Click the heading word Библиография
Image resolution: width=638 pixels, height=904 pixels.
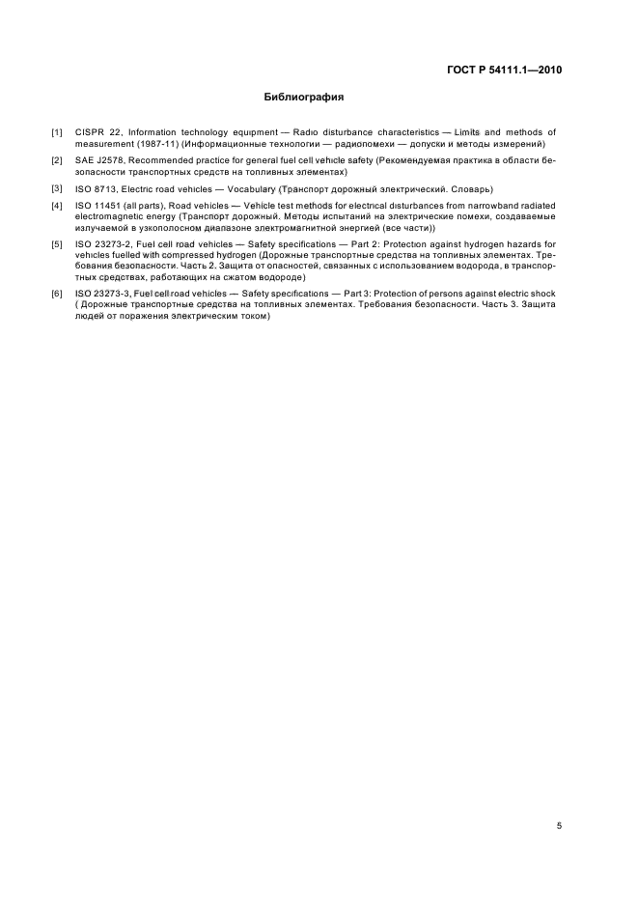[x=304, y=98]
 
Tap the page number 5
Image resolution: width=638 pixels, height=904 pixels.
[x=559, y=825]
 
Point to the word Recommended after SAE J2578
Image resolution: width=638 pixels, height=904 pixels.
[x=167, y=160]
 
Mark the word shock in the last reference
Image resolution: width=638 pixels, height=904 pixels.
[x=543, y=292]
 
